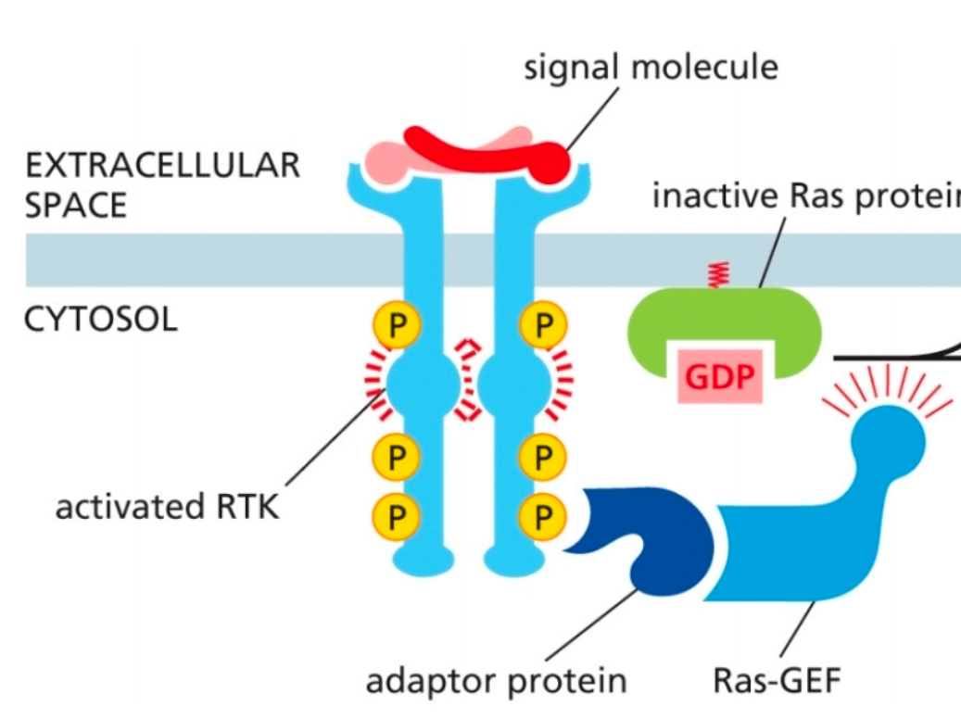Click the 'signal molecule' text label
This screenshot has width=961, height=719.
coord(651,67)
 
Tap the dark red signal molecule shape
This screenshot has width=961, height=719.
coord(482,150)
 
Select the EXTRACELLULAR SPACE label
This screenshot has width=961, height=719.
coord(162,184)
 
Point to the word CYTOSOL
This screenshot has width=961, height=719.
coord(100,320)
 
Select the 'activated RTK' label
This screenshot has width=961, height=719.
coord(167,508)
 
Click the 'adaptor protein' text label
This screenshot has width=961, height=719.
coord(496,681)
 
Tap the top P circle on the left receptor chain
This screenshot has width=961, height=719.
coord(397,325)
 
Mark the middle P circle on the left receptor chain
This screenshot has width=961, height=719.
coord(397,456)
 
